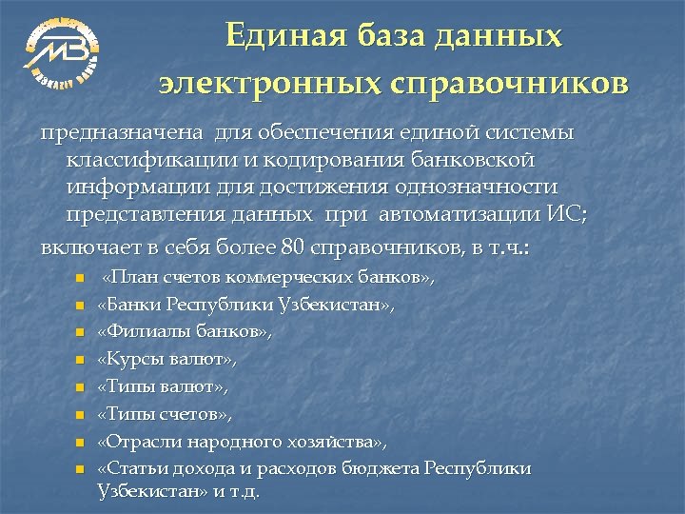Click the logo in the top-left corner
pyautogui.click(x=62, y=48)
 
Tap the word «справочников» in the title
pyautogui.click(x=509, y=83)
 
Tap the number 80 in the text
pyautogui.click(x=293, y=248)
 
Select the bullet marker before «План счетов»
pyautogui.click(x=81, y=279)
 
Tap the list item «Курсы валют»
pyautogui.click(x=166, y=360)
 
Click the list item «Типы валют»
pyautogui.click(x=163, y=387)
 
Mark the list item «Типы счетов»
pyautogui.click(x=165, y=415)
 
